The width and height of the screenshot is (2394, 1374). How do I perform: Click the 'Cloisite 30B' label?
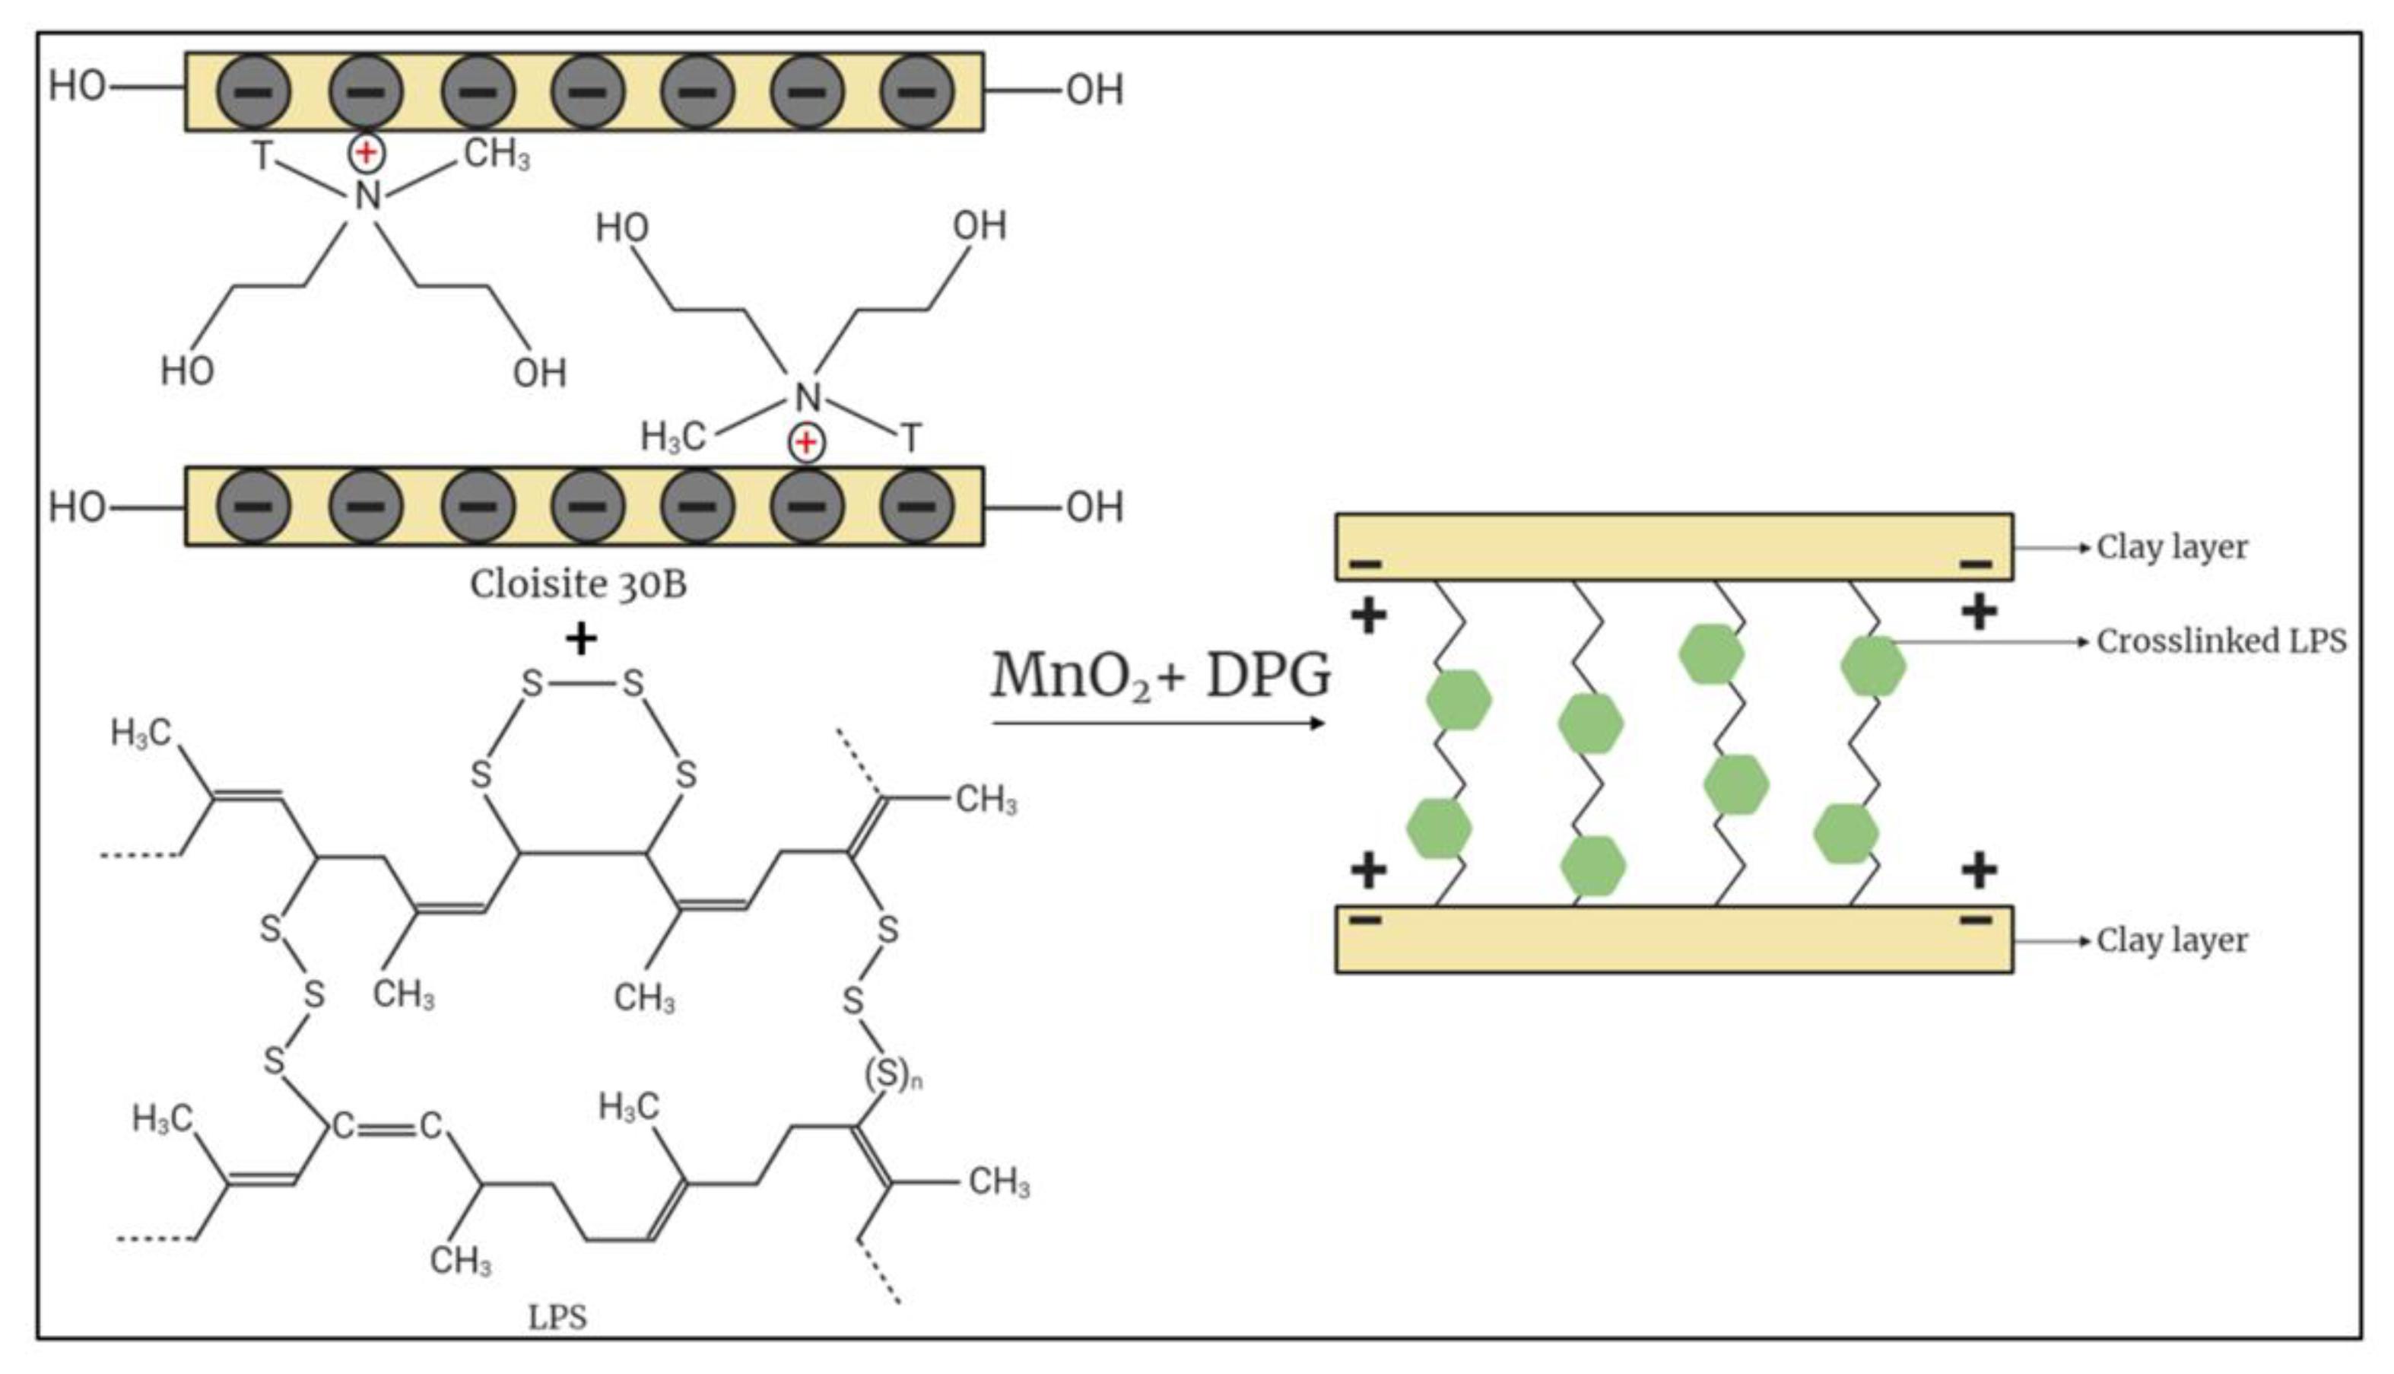click(578, 584)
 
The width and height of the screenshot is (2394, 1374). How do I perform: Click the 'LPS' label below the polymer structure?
click(557, 1316)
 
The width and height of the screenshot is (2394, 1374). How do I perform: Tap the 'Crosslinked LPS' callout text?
click(2221, 641)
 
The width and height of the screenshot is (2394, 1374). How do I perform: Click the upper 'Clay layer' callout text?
click(2171, 547)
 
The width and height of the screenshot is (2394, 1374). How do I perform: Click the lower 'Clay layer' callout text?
click(2171, 941)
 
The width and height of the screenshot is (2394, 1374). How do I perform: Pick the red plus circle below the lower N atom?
click(806, 441)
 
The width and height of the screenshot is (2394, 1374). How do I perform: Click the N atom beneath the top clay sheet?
click(367, 196)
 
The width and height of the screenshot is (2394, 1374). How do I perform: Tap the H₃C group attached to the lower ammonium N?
click(672, 436)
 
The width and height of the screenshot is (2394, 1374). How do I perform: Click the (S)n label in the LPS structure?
click(892, 1075)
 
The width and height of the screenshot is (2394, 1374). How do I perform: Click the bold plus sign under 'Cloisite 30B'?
click(581, 639)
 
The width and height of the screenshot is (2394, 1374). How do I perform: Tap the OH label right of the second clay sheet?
click(1094, 507)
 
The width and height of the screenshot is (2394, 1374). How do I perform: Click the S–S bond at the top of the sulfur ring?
click(582, 683)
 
